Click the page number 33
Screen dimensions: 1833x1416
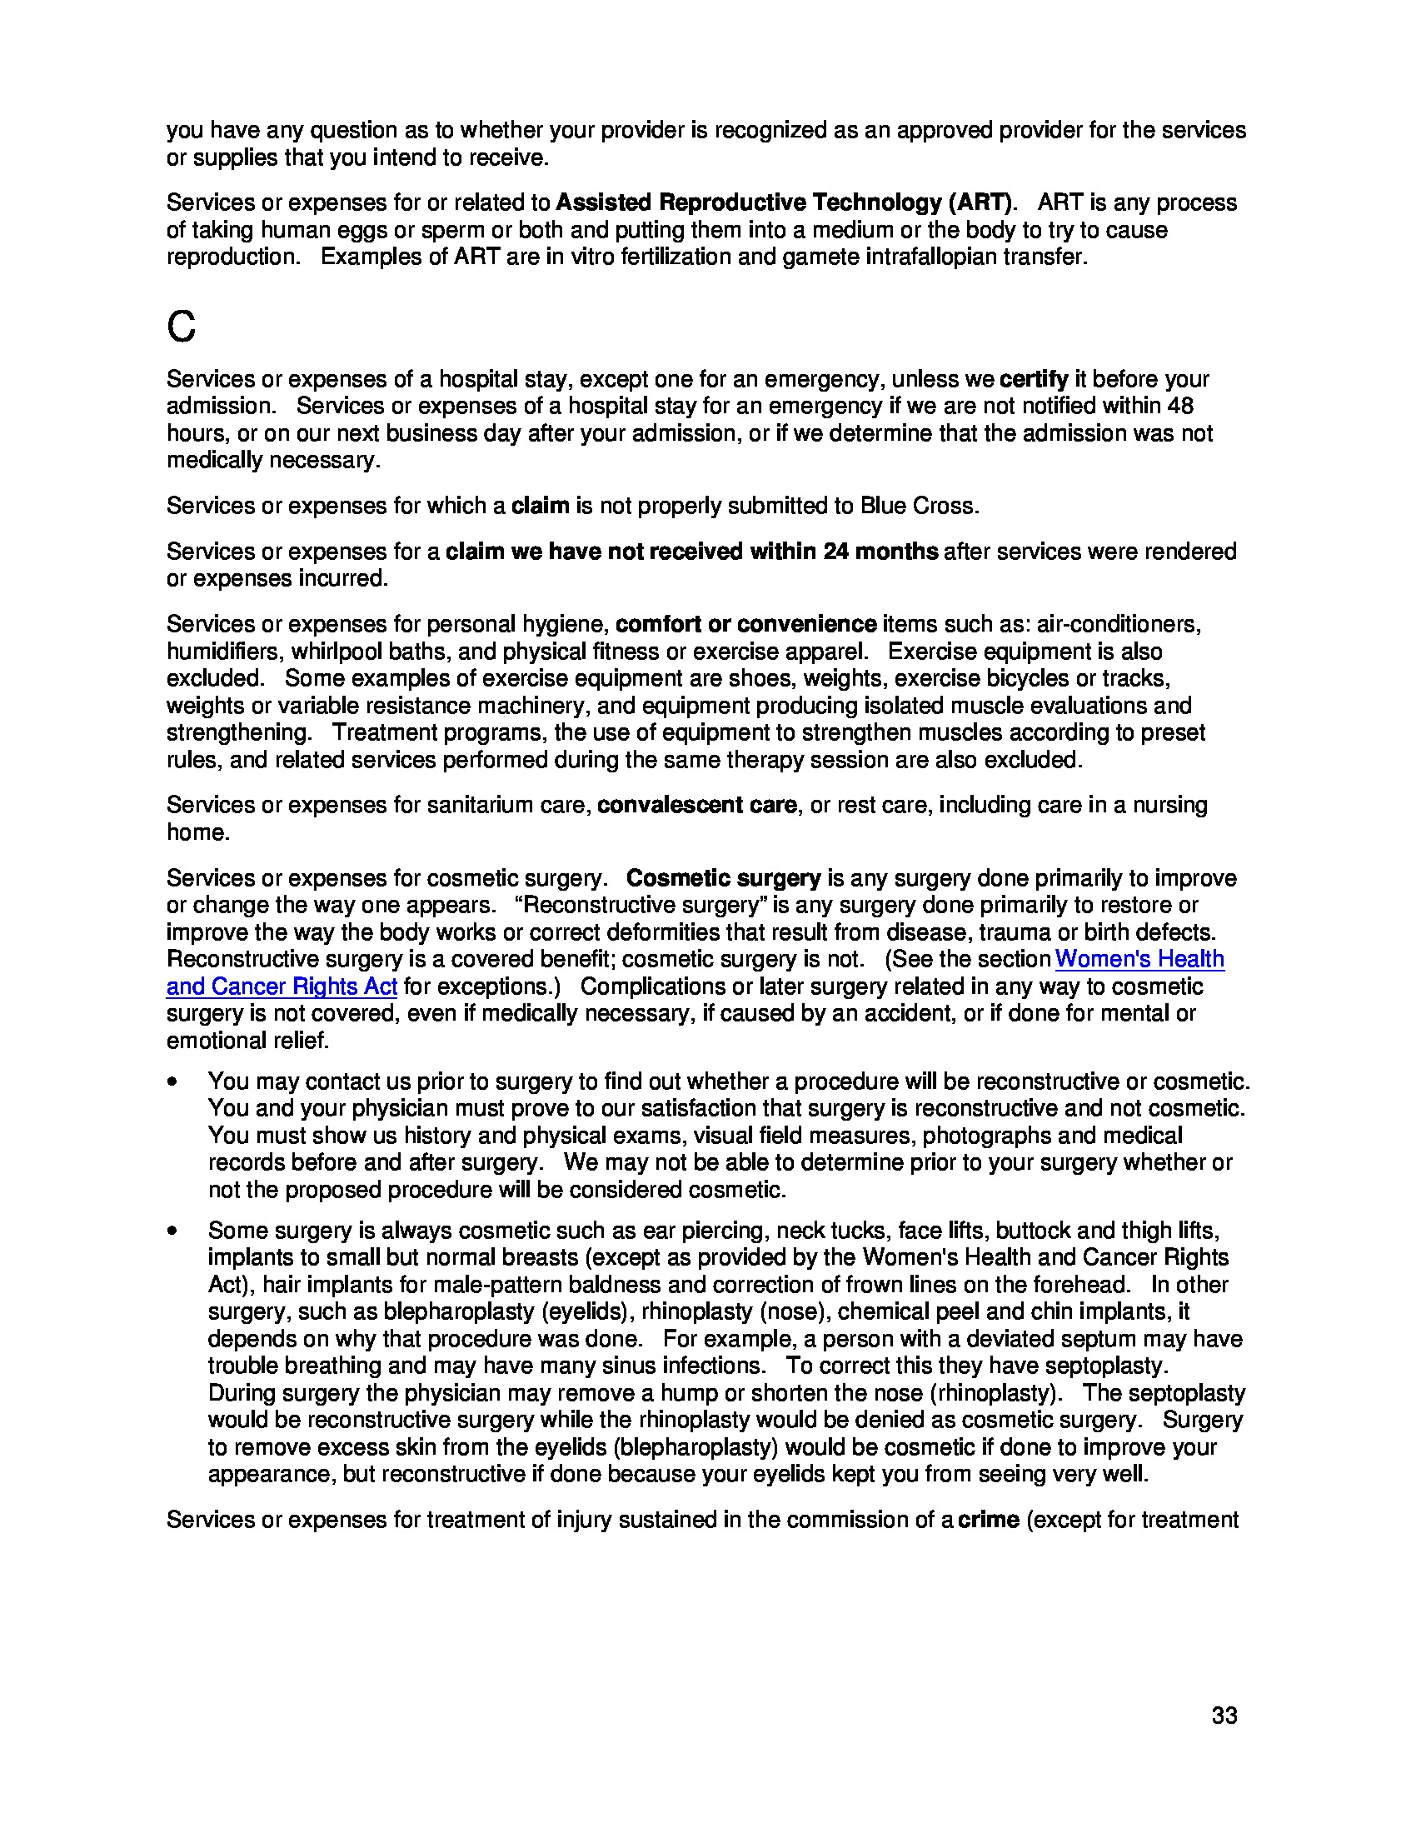(1224, 1716)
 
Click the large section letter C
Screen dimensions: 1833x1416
(182, 327)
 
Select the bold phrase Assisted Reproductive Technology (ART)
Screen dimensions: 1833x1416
(784, 202)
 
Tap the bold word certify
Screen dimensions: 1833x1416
(1034, 378)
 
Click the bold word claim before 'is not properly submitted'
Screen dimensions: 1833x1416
(541, 505)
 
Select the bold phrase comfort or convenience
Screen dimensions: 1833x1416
(745, 623)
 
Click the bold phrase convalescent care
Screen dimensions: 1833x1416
(696, 804)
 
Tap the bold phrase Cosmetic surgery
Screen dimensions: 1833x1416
(723, 878)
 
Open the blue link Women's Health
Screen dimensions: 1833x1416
(1139, 958)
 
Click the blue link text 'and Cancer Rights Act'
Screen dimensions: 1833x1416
(281, 986)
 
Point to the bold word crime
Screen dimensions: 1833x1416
(988, 1519)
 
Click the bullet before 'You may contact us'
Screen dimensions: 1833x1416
(172, 1081)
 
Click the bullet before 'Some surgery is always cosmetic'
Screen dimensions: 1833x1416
(172, 1231)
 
